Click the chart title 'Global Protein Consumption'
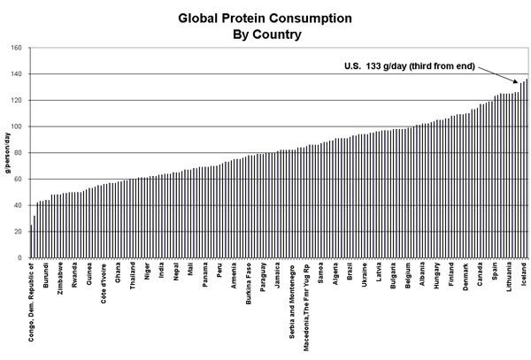pos(265,17)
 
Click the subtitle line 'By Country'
pos(265,35)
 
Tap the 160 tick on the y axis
pos(17,48)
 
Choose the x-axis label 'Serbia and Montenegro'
pos(292,302)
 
